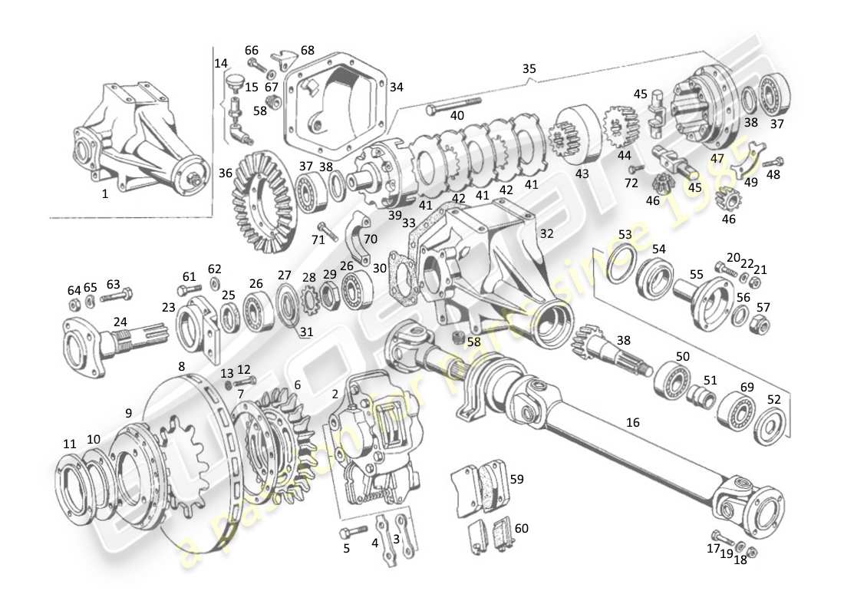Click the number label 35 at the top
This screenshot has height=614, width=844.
tap(529, 68)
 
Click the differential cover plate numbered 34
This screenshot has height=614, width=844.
tap(338, 100)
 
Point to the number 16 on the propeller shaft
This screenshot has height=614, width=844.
tap(632, 422)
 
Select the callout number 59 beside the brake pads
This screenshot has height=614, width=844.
tap(516, 480)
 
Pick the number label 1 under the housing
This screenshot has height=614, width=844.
tap(105, 194)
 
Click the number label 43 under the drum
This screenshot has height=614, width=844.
tap(582, 173)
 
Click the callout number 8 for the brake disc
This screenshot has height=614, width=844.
tap(181, 366)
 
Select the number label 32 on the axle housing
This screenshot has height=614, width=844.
tap(546, 233)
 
